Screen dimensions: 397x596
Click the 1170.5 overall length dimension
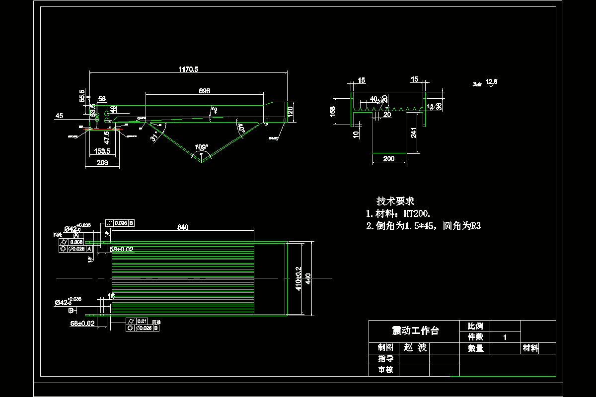click(188, 69)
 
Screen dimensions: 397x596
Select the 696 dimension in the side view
click(204, 91)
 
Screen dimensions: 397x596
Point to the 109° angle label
click(201, 147)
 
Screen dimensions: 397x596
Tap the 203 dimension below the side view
click(102, 163)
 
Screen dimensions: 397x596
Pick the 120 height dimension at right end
click(291, 110)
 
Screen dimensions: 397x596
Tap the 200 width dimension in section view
click(389, 159)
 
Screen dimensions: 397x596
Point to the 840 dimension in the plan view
click(183, 227)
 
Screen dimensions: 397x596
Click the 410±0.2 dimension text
click(298, 278)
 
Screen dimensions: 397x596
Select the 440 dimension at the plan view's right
click(308, 278)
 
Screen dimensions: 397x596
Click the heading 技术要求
click(395, 201)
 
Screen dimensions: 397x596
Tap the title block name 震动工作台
click(415, 331)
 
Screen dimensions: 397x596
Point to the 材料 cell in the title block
click(530, 348)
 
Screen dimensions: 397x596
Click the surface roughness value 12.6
click(492, 81)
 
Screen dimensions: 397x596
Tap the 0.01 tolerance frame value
click(141, 321)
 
